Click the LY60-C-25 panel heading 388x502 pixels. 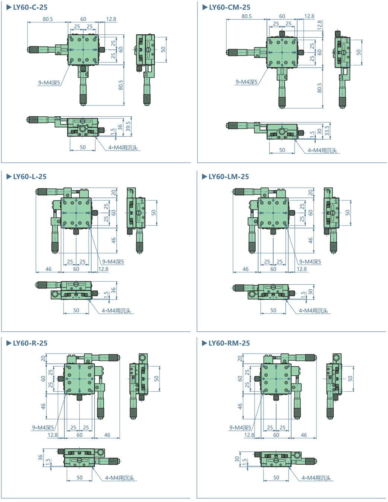[x=30, y=7]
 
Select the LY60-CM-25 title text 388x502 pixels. [x=230, y=7]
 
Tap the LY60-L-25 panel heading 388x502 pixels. [x=29, y=177]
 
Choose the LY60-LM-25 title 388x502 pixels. [x=228, y=177]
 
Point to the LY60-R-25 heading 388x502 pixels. [x=30, y=343]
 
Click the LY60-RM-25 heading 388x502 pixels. [x=229, y=343]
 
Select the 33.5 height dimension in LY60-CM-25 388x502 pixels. [x=327, y=130]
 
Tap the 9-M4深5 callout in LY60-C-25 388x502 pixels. [x=49, y=83]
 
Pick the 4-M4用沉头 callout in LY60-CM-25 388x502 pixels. [x=322, y=151]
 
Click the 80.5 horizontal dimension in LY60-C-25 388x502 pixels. [x=48, y=19]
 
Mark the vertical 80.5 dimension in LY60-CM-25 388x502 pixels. [x=319, y=88]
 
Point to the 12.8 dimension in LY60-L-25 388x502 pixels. [x=103, y=269]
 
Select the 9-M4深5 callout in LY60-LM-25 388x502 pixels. [x=310, y=262]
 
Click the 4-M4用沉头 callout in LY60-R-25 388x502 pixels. [x=119, y=478]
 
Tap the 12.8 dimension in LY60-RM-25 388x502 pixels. [x=249, y=435]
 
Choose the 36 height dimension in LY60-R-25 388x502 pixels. [x=41, y=457]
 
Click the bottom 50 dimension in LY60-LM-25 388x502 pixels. [x=273, y=310]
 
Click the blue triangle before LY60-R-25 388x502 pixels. [x=9, y=343]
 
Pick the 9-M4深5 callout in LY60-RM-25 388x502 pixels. [x=240, y=428]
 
